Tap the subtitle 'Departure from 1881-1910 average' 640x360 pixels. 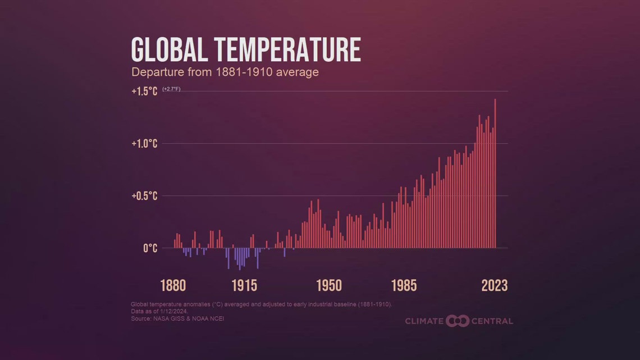pos(225,72)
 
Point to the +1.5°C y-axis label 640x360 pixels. pos(144,92)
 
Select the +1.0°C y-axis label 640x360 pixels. pos(144,144)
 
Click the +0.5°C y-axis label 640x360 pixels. pos(144,196)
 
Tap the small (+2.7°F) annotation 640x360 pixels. pos(171,89)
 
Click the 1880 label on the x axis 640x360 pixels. pos(173,285)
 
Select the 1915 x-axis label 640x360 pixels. pos(244,285)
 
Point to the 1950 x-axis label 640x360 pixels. pos(329,285)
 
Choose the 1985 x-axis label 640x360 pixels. pos(404,285)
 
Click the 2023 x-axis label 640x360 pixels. pos(494,285)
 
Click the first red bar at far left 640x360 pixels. pos(175,244)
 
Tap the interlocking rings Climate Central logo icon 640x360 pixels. pos(457,321)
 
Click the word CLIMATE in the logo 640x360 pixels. pos(424,321)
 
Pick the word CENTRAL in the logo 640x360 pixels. pos(492,321)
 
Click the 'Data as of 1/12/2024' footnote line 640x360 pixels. pos(159,311)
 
